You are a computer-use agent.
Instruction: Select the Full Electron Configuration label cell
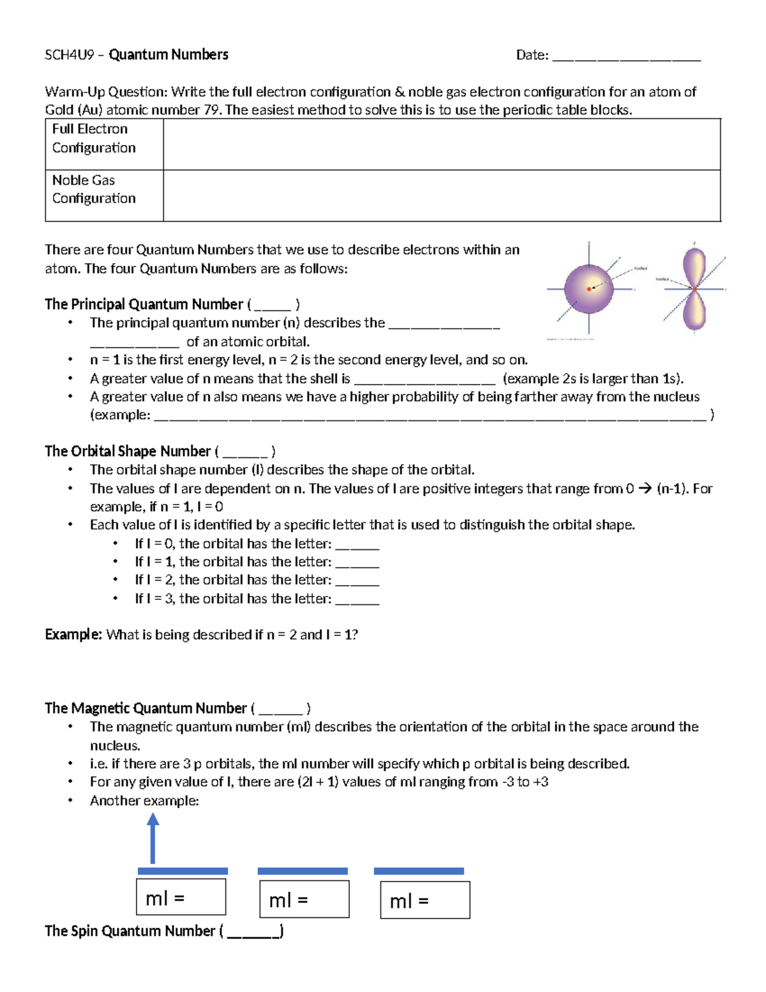[x=104, y=144]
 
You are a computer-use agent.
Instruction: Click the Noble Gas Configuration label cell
[x=104, y=195]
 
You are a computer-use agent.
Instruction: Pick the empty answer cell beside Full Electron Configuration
[x=442, y=144]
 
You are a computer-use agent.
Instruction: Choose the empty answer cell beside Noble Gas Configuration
[x=442, y=195]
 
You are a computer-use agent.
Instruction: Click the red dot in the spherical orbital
[x=589, y=289]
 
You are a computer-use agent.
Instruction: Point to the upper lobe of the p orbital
[x=695, y=265]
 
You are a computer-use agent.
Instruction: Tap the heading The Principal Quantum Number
[x=144, y=304]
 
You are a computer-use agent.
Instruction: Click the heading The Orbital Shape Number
[x=128, y=451]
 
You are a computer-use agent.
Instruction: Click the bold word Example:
[x=73, y=634]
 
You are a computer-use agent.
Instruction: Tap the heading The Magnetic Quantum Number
[x=146, y=708]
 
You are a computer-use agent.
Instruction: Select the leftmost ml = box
[x=181, y=897]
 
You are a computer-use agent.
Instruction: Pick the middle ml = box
[x=304, y=899]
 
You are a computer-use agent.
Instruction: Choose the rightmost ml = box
[x=425, y=900]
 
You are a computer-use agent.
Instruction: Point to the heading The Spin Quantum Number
[x=130, y=931]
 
